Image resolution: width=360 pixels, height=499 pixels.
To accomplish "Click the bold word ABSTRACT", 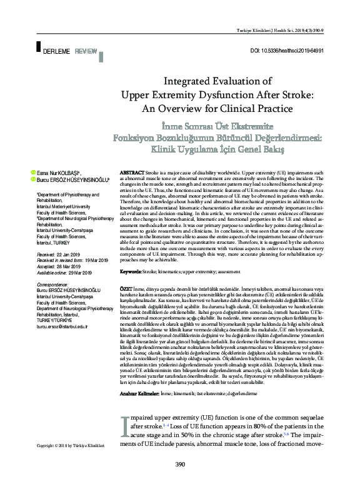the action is pos(131,171).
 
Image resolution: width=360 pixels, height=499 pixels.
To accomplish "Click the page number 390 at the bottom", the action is pos(180,482).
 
